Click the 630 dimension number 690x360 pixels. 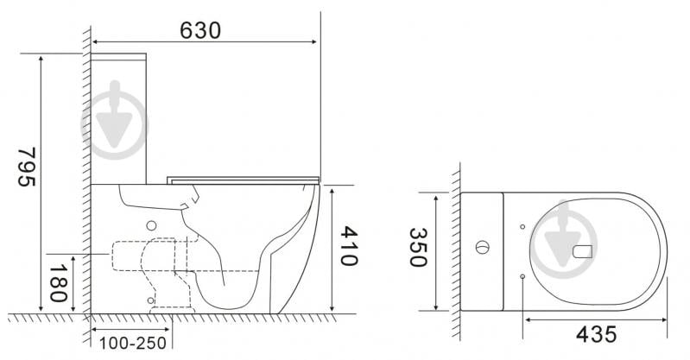point(200,30)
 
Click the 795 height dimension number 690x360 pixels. point(27,167)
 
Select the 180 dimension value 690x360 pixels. point(58,283)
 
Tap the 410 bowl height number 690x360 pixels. point(349,245)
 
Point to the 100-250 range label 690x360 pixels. point(133,344)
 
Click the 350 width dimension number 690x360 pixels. point(418,247)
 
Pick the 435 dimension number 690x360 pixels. point(596,334)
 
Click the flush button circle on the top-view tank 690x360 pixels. point(482,247)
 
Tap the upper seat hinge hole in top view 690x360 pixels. point(522,227)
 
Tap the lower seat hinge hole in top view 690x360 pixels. point(522,276)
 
